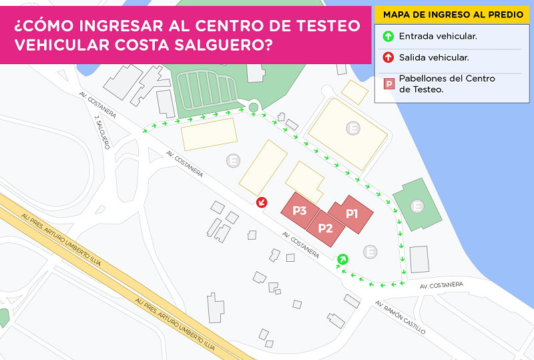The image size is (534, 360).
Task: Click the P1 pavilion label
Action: (x=352, y=214)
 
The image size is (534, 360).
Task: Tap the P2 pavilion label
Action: (x=325, y=228)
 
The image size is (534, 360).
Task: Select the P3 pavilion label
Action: (x=300, y=211)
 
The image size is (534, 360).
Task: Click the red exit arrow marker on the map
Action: (x=262, y=202)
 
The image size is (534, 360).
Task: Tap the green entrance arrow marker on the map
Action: (x=342, y=258)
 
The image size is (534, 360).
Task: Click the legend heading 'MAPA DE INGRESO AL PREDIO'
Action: (x=453, y=14)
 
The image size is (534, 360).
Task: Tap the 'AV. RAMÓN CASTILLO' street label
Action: (x=400, y=317)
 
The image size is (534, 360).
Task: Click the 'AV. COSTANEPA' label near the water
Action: (x=441, y=285)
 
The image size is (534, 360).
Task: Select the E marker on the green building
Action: (x=417, y=206)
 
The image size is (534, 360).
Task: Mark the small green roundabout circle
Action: (x=253, y=107)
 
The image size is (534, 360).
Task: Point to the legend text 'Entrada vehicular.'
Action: (x=437, y=37)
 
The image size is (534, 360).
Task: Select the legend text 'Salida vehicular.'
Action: (x=433, y=57)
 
